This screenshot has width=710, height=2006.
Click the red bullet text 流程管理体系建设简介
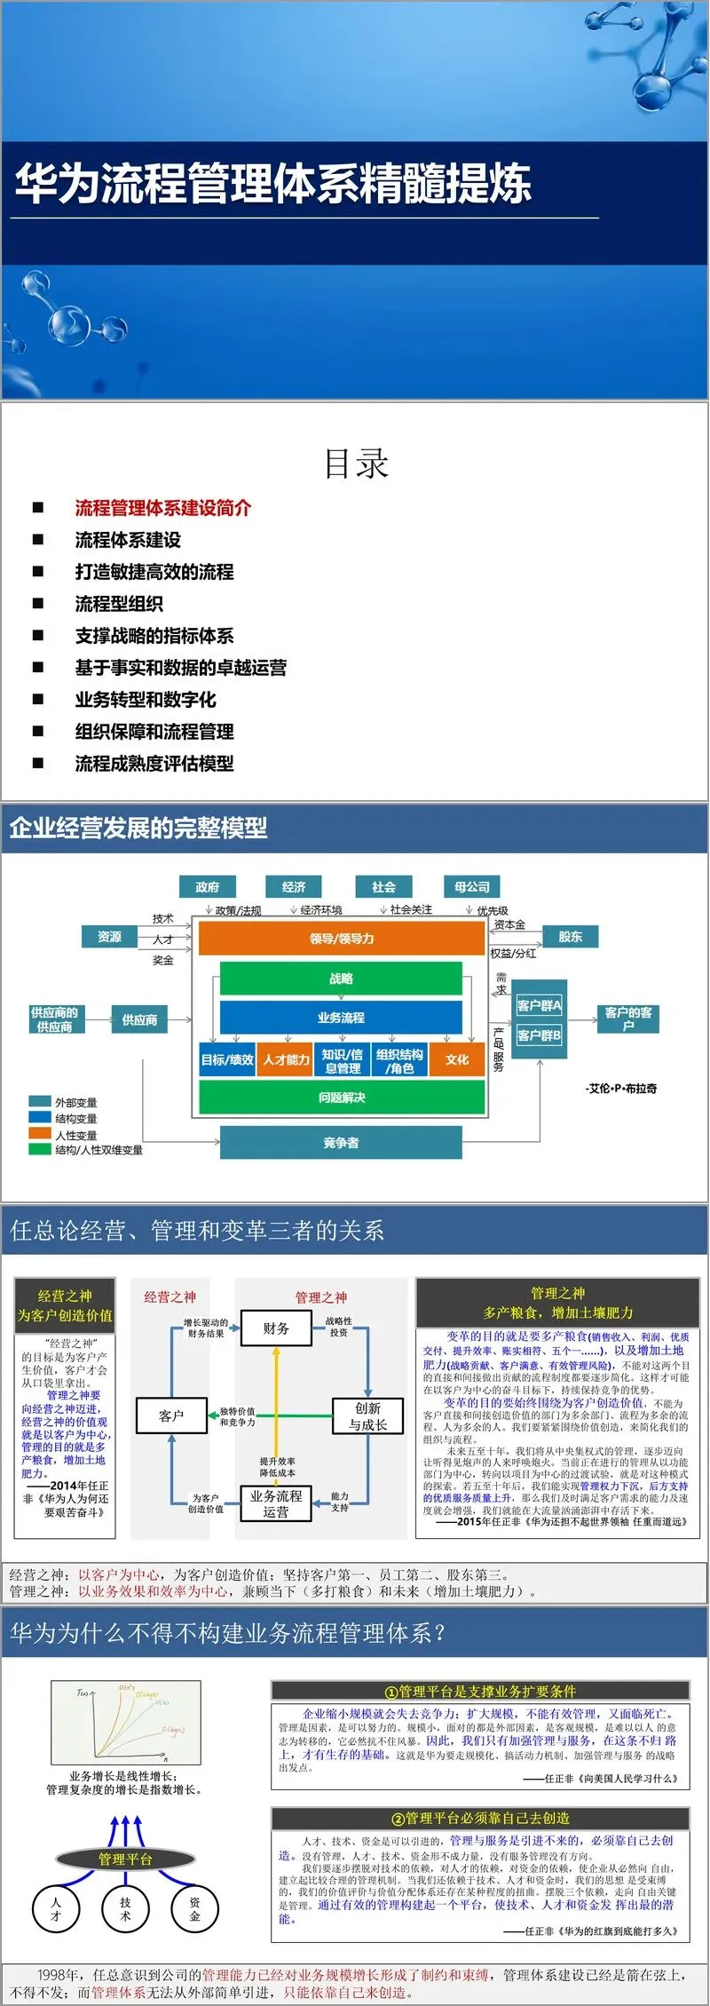point(162,508)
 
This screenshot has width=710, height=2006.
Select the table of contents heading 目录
point(356,464)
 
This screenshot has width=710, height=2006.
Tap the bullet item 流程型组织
point(119,604)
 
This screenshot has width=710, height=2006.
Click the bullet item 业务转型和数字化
point(146,700)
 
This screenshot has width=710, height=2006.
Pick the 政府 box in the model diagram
point(207,886)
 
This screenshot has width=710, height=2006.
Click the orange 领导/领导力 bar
point(342,938)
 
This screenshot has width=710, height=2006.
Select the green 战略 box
point(342,979)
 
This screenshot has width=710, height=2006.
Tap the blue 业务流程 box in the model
point(342,1018)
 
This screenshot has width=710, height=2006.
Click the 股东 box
point(570,936)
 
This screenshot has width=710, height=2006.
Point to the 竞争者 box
point(342,1143)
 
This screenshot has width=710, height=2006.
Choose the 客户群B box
point(539,1035)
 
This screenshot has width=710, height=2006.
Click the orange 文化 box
point(457,1059)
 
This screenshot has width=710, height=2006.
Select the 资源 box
point(110,936)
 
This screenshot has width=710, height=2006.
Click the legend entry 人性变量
point(75,1135)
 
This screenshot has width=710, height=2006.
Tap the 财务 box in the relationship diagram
point(276,1328)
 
